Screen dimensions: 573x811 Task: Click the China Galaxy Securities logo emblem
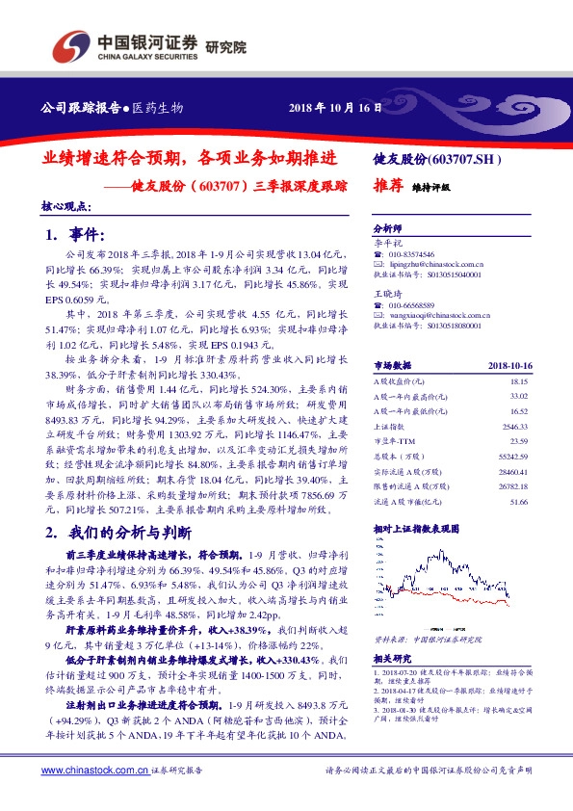(69, 46)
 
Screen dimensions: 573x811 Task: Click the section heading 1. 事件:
(74, 235)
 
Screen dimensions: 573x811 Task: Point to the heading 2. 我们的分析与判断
(119, 533)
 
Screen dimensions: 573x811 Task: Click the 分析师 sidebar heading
(386, 230)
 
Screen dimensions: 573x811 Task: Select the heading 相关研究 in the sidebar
(389, 660)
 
